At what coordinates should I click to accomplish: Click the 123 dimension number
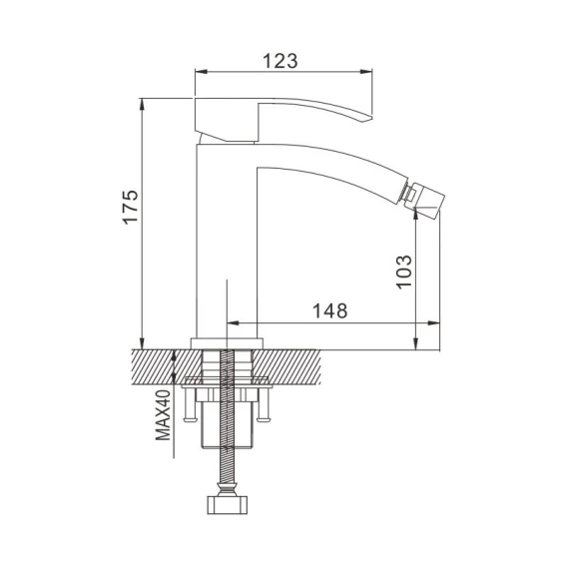(281, 61)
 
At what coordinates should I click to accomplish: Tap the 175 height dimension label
(131, 207)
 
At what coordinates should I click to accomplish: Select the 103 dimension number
(404, 272)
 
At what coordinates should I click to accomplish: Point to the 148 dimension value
(329, 310)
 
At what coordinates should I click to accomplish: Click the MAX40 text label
(163, 414)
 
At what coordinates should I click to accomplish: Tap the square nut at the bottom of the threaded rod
(227, 505)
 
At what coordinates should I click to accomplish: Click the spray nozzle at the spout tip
(423, 197)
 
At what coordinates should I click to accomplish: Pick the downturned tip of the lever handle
(367, 118)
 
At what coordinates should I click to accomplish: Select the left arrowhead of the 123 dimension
(201, 71)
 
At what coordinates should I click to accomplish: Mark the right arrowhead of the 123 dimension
(366, 71)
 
